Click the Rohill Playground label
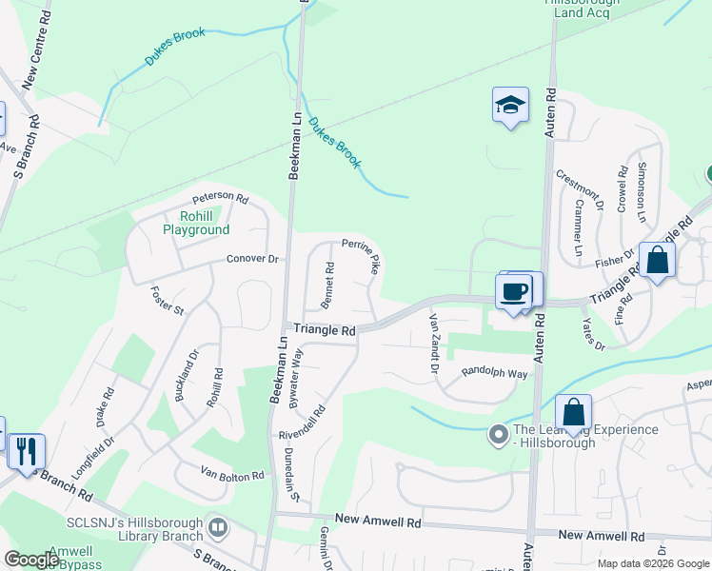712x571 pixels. coord(195,223)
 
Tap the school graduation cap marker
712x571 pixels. coord(510,107)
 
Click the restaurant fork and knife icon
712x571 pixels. coord(26,450)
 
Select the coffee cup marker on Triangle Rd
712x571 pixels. coord(514,291)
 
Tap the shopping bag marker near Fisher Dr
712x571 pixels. coord(657,259)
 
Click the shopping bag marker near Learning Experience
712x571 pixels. coord(573,414)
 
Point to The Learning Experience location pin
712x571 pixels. coord(497,435)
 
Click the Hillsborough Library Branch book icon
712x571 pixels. coord(219,525)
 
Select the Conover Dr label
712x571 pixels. coord(252,259)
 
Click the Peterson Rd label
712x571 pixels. coord(220,199)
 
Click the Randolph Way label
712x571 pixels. coord(494,374)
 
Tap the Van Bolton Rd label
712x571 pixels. coord(231,472)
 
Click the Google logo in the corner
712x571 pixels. coord(32,560)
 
